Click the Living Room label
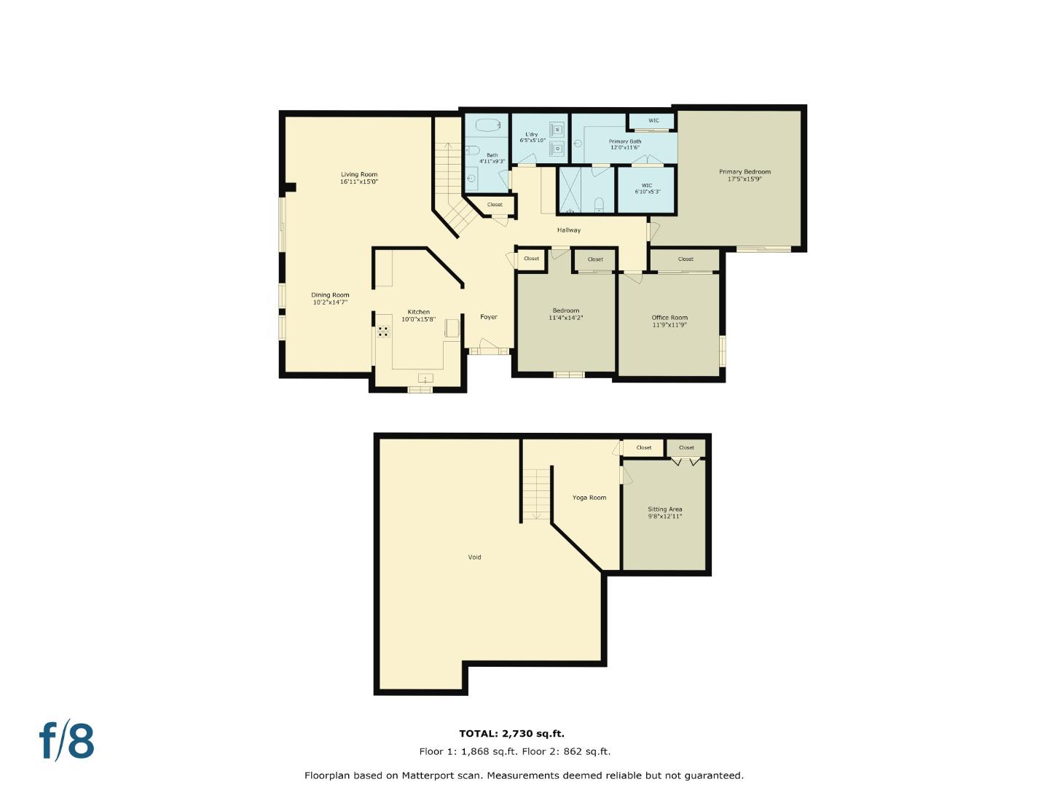pyautogui.click(x=359, y=174)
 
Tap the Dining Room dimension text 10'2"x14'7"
pyautogui.click(x=331, y=302)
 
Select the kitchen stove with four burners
pyautogui.click(x=383, y=332)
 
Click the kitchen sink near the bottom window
pyautogui.click(x=425, y=378)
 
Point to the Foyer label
pyautogui.click(x=489, y=317)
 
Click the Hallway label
pyautogui.click(x=569, y=230)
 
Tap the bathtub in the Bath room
pyautogui.click(x=486, y=125)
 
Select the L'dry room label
pyautogui.click(x=532, y=135)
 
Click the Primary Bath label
pyautogui.click(x=625, y=141)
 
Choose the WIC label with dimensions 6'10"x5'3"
pyautogui.click(x=646, y=185)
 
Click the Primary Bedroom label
pyautogui.click(x=744, y=172)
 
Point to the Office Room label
pyautogui.click(x=669, y=318)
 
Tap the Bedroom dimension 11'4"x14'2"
pyautogui.click(x=566, y=318)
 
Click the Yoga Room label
pyautogui.click(x=589, y=498)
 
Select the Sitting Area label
pyautogui.click(x=665, y=509)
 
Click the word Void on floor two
pyautogui.click(x=474, y=557)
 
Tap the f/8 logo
pyautogui.click(x=67, y=741)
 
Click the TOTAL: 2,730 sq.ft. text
pyautogui.click(x=511, y=734)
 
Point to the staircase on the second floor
pyautogui.click(x=536, y=493)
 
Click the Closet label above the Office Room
pyautogui.click(x=685, y=259)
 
